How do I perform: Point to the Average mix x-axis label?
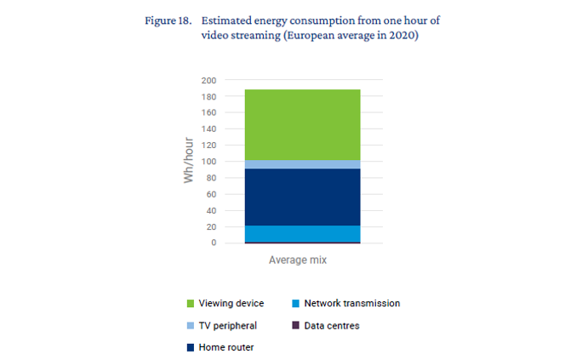pos(298,260)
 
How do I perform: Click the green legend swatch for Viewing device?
pos(190,303)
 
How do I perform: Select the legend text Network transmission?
pos(351,303)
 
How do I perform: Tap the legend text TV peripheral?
pos(229,325)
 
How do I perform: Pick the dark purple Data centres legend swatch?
pos(294,325)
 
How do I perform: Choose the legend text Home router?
pos(226,347)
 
